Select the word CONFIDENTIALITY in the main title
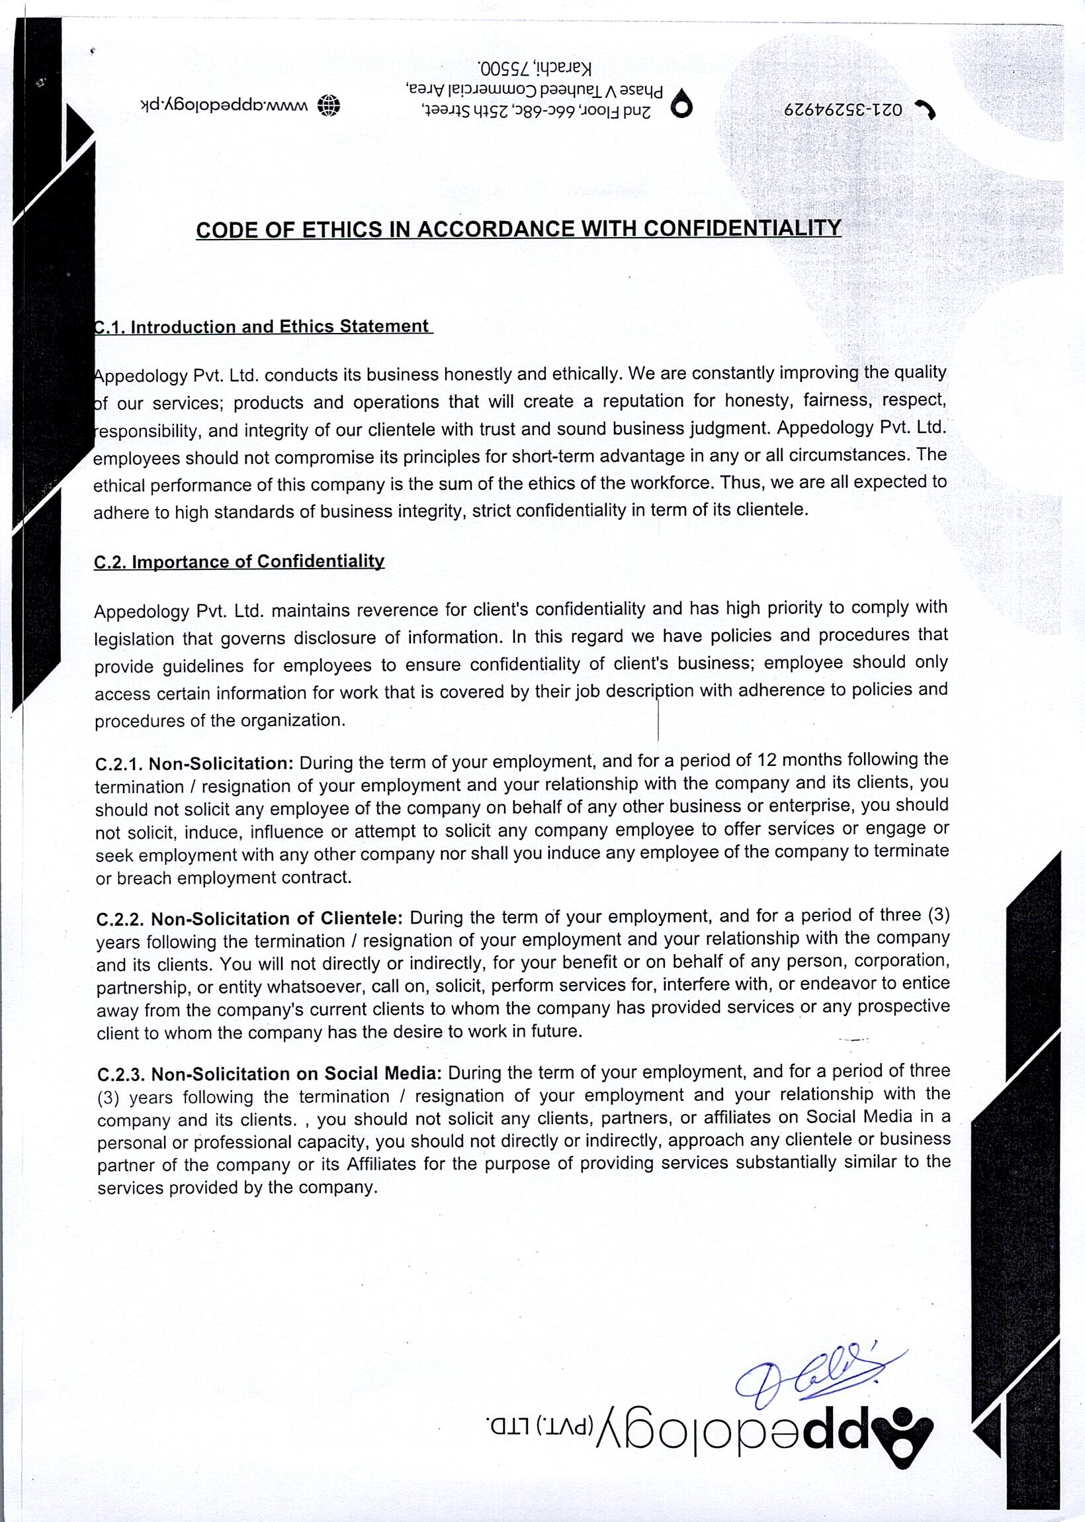[741, 228]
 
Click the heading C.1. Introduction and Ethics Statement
[263, 327]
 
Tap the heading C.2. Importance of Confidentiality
[239, 561]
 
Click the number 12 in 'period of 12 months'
[766, 761]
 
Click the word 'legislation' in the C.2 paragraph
[134, 639]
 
